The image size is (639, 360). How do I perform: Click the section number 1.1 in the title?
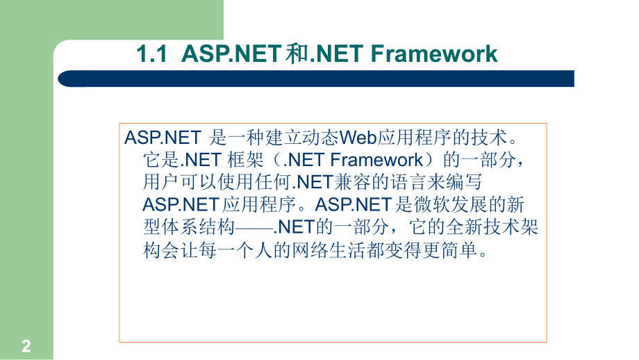click(x=153, y=54)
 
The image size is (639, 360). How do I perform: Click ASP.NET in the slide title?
click(x=233, y=54)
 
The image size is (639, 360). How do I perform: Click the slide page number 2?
click(x=26, y=346)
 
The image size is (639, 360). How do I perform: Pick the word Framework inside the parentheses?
click(x=376, y=160)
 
